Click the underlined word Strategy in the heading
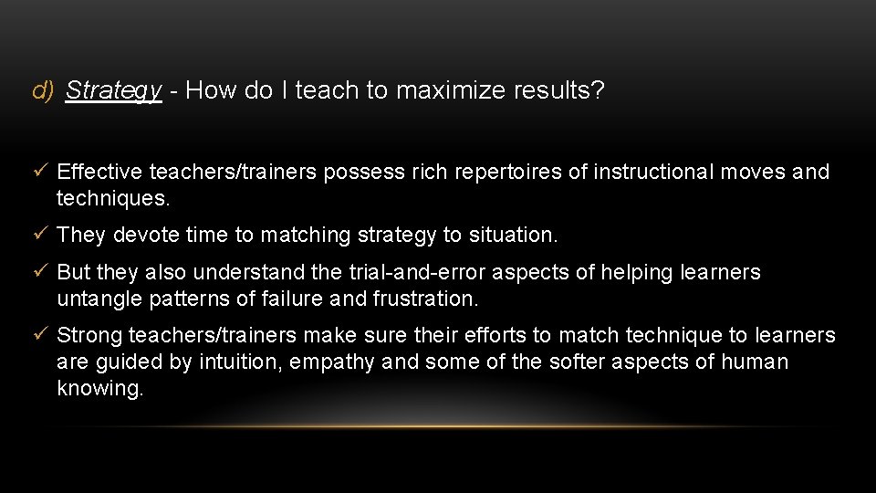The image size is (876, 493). click(113, 90)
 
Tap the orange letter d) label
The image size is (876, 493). click(43, 90)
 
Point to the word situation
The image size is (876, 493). click(512, 235)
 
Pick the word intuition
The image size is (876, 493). click(238, 362)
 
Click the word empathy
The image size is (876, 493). click(332, 362)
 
